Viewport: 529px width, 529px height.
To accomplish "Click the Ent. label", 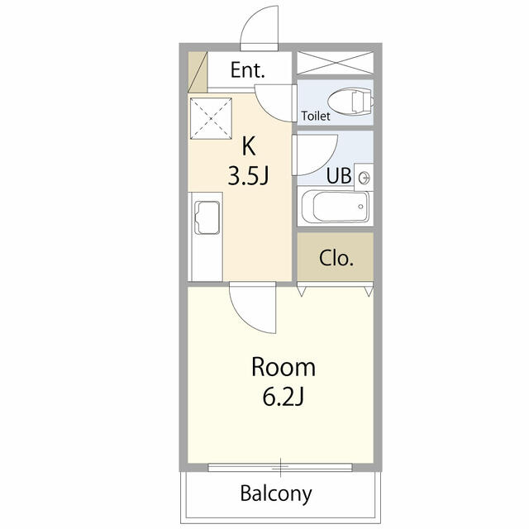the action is [248, 70].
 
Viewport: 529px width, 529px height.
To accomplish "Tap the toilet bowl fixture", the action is [350, 102].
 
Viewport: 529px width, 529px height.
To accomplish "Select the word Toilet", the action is [316, 116].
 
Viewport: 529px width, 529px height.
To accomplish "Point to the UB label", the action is [339, 175].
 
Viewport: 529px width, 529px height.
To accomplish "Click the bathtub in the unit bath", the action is [336, 206].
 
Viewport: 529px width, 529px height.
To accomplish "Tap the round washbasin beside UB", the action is [365, 178].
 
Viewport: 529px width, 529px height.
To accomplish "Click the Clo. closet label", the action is [336, 258].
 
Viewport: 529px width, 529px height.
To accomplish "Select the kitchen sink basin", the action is [207, 217].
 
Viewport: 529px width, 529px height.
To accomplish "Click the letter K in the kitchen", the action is [249, 146].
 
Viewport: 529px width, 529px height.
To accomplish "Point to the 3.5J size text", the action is [248, 176].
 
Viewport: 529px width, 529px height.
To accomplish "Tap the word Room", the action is [284, 367].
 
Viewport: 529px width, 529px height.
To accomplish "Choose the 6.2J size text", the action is [283, 397].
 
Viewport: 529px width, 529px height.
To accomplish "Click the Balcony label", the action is [276, 494].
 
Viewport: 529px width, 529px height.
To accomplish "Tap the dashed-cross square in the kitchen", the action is [211, 118].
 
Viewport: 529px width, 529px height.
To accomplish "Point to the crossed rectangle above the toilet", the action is [335, 63].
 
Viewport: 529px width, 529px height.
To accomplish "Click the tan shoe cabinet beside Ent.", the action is [198, 72].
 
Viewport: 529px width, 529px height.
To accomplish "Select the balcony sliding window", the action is [280, 467].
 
